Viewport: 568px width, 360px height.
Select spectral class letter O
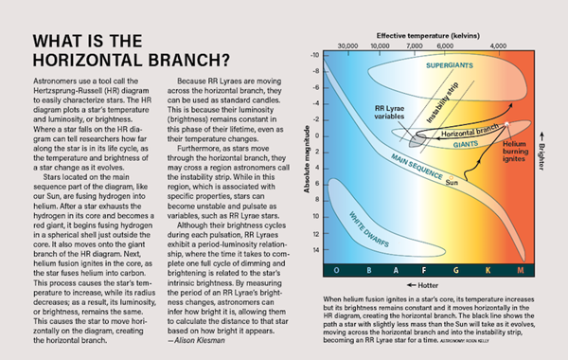pos(336,271)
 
